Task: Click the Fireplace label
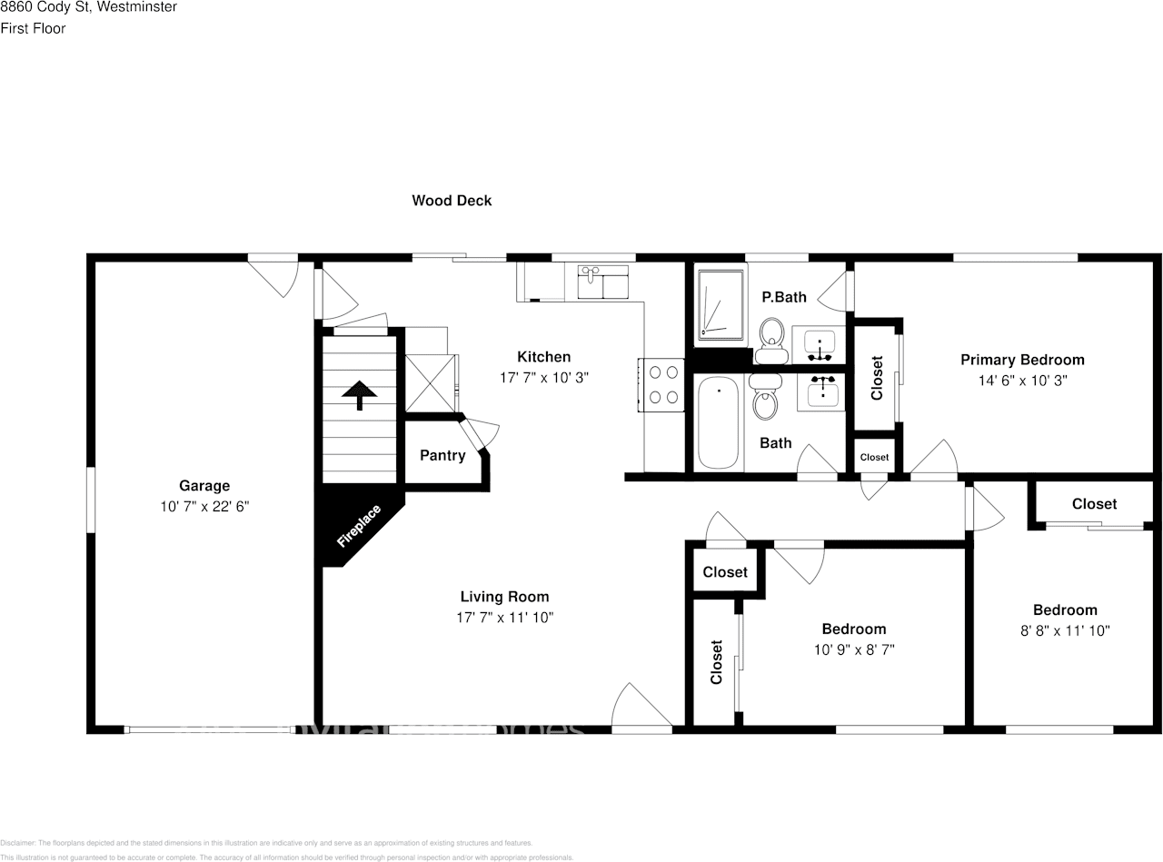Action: click(x=358, y=526)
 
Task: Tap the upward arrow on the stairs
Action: click(x=360, y=394)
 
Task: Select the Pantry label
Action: click(x=442, y=455)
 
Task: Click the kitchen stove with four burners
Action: click(x=661, y=383)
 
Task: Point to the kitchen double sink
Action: click(x=603, y=281)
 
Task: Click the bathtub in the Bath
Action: click(x=719, y=422)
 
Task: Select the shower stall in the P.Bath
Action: click(x=720, y=303)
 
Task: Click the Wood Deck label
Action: click(x=452, y=201)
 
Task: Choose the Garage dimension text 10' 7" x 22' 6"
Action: click(x=204, y=507)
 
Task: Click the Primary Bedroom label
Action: click(x=1022, y=360)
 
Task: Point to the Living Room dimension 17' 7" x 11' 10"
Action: click(x=504, y=618)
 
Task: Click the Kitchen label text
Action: click(x=543, y=357)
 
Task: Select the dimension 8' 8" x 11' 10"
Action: click(x=1065, y=630)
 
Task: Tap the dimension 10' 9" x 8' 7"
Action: click(x=853, y=649)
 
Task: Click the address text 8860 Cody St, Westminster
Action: click(x=88, y=7)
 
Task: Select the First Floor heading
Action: click(x=33, y=28)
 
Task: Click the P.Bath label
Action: click(x=783, y=296)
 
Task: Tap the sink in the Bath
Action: click(x=822, y=391)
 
